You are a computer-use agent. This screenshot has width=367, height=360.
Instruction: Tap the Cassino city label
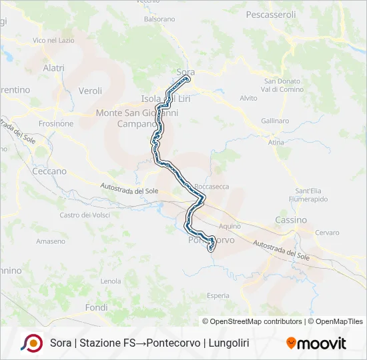click(291, 219)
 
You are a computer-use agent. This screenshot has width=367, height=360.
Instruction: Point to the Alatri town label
click(53, 68)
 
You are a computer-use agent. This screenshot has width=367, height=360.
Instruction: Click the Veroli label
click(90, 91)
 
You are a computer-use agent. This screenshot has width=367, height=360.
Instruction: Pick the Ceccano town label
click(49, 171)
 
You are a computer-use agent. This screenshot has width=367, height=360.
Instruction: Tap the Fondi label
click(96, 307)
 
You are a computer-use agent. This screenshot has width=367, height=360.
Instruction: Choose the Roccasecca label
click(209, 187)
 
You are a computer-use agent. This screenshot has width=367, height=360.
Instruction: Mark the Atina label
click(276, 143)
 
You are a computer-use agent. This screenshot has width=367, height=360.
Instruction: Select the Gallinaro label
click(276, 121)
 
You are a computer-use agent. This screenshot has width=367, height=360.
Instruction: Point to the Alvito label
click(248, 98)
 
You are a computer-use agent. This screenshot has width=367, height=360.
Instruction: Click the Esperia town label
click(218, 295)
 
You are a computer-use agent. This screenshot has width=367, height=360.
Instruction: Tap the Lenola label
click(111, 281)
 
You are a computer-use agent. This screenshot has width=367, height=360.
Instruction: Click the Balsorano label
click(159, 19)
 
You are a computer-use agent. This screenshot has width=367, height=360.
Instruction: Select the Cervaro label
click(327, 232)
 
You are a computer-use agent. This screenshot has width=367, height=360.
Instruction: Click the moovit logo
click(316, 343)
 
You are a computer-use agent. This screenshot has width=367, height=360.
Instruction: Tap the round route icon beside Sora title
click(32, 343)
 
